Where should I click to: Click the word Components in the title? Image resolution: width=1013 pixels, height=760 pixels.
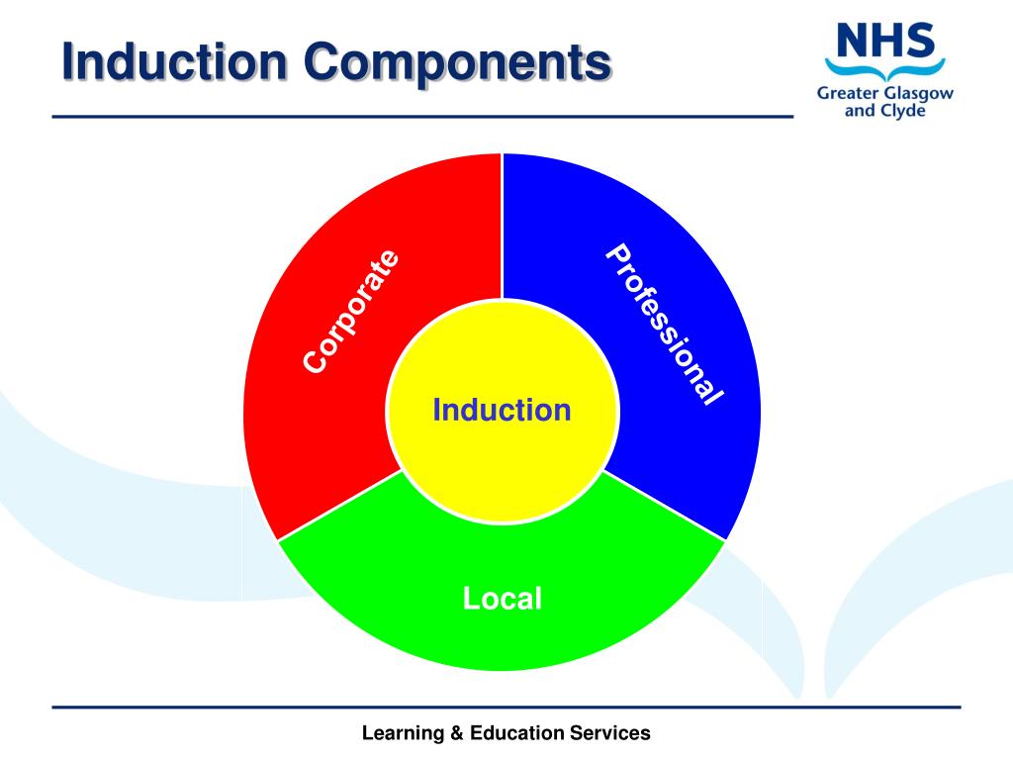pos(456,63)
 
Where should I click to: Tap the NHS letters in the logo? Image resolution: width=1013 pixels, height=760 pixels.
pos(884,42)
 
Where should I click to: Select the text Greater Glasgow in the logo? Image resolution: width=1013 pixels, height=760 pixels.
pos(884,93)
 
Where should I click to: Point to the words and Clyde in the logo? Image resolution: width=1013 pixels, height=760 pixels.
pos(883,111)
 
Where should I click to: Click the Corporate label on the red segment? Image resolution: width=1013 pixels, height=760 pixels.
pos(352,312)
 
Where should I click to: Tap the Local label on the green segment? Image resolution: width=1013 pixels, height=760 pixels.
pos(503,598)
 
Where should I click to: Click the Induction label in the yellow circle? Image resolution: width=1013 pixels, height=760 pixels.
pos(503,410)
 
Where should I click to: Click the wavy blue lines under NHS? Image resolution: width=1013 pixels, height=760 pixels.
pos(884,70)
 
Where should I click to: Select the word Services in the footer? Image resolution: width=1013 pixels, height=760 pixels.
pos(610,733)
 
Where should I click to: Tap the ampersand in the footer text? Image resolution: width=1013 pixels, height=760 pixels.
pos(456,733)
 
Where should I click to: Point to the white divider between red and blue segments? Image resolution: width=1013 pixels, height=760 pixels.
pos(503,228)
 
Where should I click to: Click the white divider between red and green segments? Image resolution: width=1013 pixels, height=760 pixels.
pos(341,505)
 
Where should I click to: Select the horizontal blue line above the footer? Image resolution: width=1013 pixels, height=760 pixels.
pos(506,707)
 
